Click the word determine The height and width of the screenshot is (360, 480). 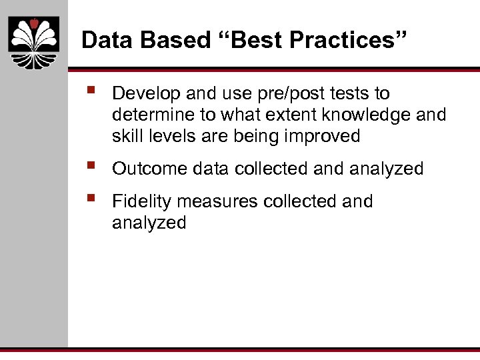coord(149,115)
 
